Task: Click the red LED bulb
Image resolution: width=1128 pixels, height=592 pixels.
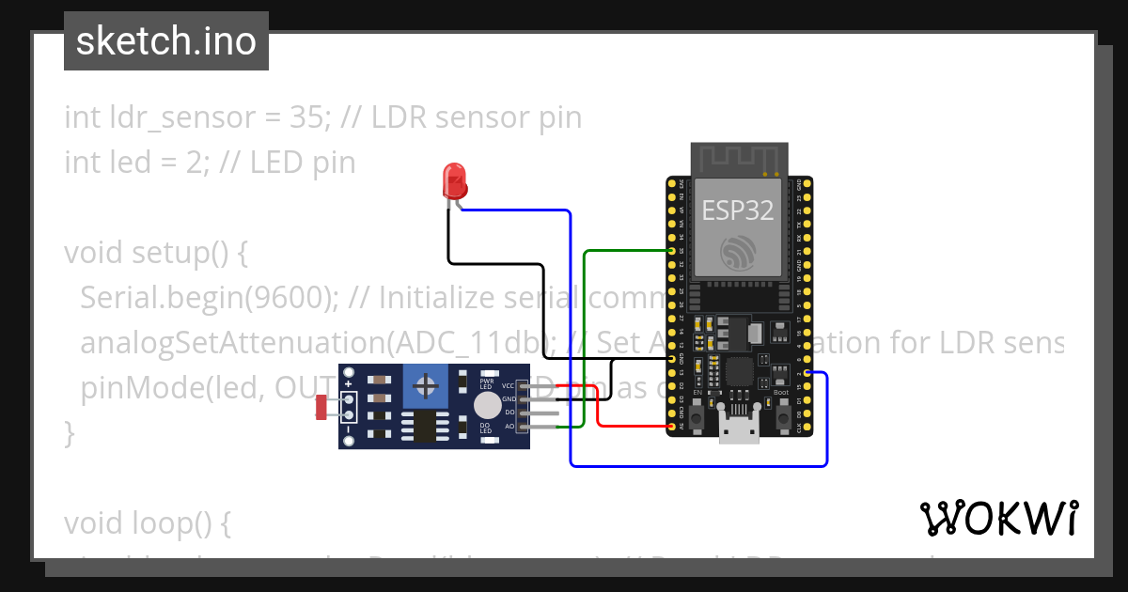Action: pyautogui.click(x=454, y=179)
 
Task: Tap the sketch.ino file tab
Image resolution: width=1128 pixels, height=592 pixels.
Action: pyautogui.click(x=166, y=41)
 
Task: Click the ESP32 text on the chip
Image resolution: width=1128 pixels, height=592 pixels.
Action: pyautogui.click(x=738, y=210)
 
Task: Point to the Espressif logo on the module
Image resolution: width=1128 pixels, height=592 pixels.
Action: pyautogui.click(x=738, y=253)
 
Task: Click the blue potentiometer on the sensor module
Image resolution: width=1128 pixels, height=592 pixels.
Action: pyautogui.click(x=426, y=386)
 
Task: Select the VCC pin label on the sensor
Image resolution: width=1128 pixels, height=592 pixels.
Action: pyautogui.click(x=509, y=385)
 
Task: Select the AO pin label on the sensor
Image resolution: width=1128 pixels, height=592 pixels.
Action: pyautogui.click(x=509, y=427)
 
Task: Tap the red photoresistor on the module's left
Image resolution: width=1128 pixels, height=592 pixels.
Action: pyautogui.click(x=321, y=407)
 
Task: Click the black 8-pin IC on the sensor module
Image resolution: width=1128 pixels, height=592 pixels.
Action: pyautogui.click(x=426, y=425)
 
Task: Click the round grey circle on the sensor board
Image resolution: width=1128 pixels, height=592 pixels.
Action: pyautogui.click(x=486, y=405)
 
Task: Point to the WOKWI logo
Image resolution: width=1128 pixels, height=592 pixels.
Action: pyautogui.click(x=998, y=518)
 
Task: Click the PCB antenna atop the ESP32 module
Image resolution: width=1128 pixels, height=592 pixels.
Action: pyautogui.click(x=738, y=159)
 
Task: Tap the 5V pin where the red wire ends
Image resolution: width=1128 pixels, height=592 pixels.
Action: pyautogui.click(x=673, y=427)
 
